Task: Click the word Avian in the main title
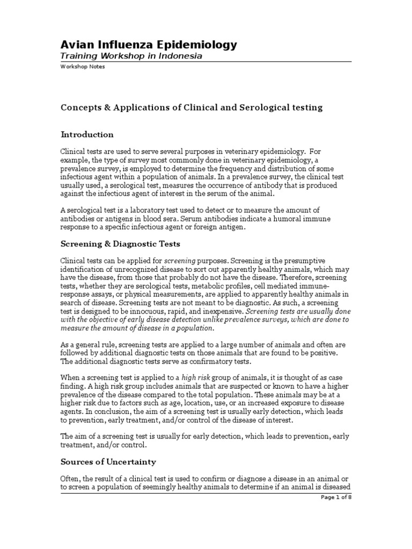point(76,45)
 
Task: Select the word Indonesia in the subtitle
point(179,57)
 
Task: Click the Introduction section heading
point(87,135)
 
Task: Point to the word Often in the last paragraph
point(70,478)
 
